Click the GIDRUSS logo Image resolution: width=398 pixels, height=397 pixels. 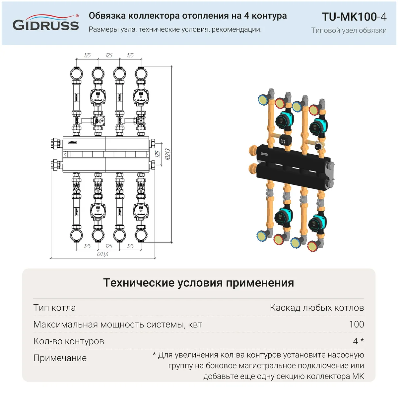[x=46, y=23]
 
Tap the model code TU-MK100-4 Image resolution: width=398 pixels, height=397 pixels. [x=354, y=17]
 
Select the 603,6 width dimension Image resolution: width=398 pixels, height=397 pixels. [x=102, y=254]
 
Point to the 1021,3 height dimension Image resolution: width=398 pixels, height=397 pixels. [x=168, y=155]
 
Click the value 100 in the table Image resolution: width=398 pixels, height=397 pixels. [x=357, y=324]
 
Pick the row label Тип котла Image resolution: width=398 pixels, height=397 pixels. [x=54, y=308]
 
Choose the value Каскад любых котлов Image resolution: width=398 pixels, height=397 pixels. [x=317, y=308]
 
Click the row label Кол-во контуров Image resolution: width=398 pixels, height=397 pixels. [x=69, y=341]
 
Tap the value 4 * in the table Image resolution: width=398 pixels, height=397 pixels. [x=359, y=341]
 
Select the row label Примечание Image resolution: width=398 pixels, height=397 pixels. [x=60, y=358]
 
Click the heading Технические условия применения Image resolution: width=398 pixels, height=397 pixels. [x=198, y=283]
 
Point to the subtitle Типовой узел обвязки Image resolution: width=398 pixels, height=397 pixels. [x=349, y=30]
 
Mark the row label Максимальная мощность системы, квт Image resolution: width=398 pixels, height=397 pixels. [x=118, y=324]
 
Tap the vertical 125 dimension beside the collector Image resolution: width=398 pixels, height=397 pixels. [x=158, y=154]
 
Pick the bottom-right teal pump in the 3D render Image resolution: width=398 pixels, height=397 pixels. [x=317, y=223]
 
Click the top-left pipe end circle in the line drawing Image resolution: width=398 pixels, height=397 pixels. [x=76, y=74]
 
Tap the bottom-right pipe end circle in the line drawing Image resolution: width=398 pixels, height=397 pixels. [x=141, y=235]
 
